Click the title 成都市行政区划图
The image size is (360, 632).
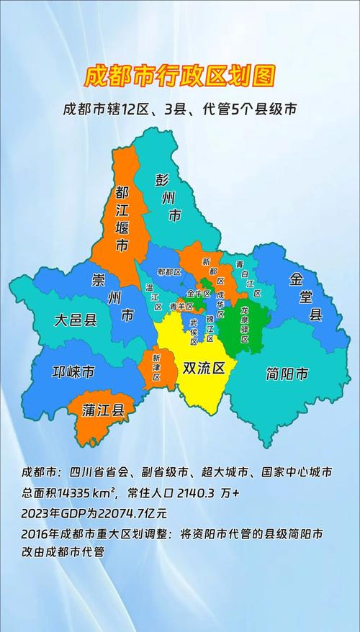[180, 76]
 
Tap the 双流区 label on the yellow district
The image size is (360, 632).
[204, 369]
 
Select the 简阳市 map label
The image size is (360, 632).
[287, 374]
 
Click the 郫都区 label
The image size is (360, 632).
[168, 272]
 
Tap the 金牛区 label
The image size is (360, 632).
[198, 294]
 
